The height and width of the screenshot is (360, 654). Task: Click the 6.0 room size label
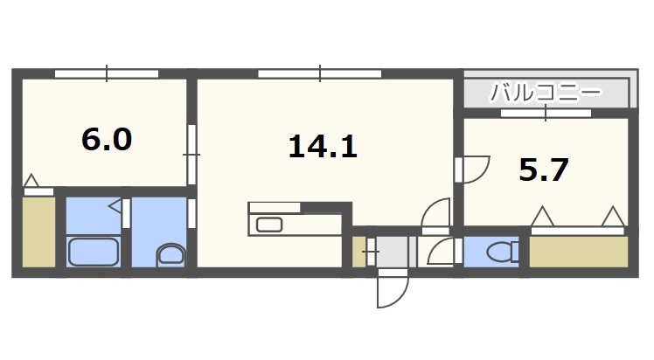click(106, 139)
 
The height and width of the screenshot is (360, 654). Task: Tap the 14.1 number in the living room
click(323, 147)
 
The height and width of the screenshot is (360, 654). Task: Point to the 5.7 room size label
click(544, 169)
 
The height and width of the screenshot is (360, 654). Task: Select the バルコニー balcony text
click(546, 91)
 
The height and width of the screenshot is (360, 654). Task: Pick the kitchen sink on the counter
click(268, 225)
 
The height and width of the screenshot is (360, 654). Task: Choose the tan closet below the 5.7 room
click(579, 252)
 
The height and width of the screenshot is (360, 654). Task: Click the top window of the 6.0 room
click(107, 73)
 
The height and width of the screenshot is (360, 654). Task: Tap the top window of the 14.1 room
click(319, 73)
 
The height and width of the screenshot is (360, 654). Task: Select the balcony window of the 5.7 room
click(546, 112)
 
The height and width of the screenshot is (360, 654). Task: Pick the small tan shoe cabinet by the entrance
click(358, 252)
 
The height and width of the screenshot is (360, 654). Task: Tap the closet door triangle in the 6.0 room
click(31, 182)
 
